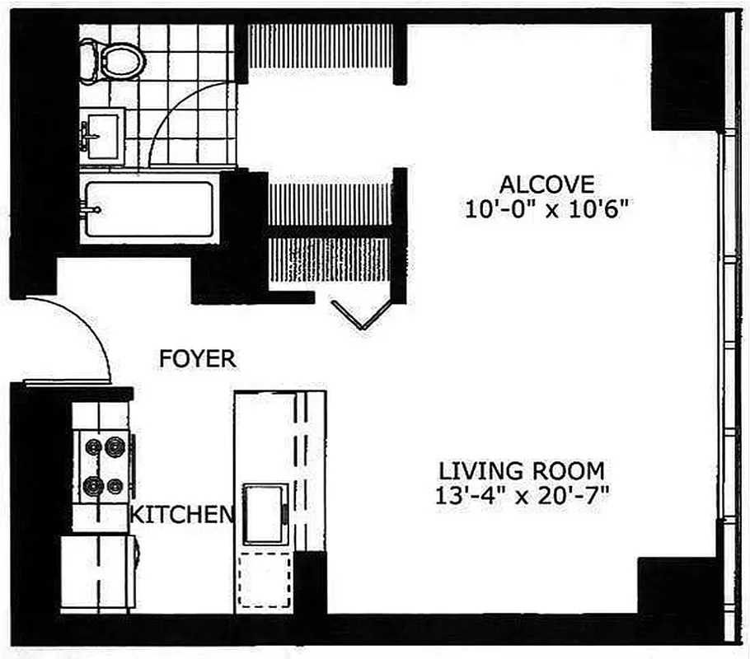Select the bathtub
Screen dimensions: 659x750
point(149,208)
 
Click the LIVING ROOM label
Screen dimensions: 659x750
point(521,471)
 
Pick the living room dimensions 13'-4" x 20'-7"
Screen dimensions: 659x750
point(521,498)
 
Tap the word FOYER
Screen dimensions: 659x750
point(198,359)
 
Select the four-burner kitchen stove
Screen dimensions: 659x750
point(105,466)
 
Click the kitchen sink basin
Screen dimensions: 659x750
point(264,514)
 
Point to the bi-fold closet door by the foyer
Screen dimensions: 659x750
point(360,313)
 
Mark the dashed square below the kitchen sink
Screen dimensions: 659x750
point(265,582)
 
